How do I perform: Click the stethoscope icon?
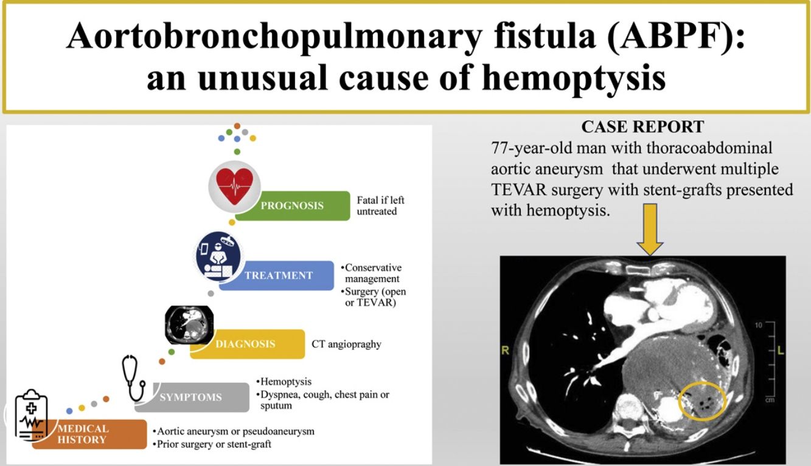point(133,378)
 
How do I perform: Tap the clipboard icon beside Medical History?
point(31,415)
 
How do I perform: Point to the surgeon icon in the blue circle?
point(218,256)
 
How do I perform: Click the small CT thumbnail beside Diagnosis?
point(189,324)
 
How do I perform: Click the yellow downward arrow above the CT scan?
point(650,229)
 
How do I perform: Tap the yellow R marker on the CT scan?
point(505,351)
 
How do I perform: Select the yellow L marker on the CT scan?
point(781,351)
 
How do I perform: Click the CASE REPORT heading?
point(642,127)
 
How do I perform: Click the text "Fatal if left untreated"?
point(380,206)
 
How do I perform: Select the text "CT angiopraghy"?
point(347,344)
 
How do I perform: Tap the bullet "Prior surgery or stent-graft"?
point(212,444)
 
